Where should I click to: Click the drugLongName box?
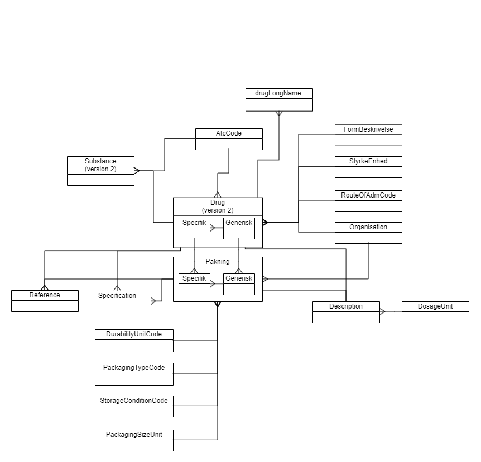[279, 100]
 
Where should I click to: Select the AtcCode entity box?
[229, 139]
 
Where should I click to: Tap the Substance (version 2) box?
[100, 171]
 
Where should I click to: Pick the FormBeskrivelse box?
[368, 135]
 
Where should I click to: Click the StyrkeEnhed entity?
[368, 167]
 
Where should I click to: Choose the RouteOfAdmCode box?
[368, 201]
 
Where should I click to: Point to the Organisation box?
[368, 233]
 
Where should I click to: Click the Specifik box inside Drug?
[194, 228]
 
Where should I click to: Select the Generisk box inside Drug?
[239, 228]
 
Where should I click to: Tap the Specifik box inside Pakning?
[194, 284]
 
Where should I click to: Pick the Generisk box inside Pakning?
[239, 284]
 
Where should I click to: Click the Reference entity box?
[45, 301]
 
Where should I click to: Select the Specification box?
[117, 301]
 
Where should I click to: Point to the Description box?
[346, 312]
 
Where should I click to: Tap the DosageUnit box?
[435, 312]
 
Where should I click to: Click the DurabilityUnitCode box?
[134, 340]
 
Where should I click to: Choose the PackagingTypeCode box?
[134, 374]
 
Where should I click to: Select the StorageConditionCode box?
[134, 406]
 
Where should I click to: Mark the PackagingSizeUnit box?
[134, 440]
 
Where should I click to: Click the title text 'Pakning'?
[218, 261]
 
